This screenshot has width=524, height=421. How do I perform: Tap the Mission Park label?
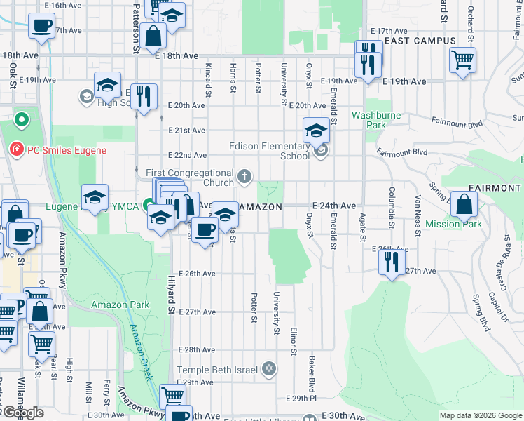point(463,224)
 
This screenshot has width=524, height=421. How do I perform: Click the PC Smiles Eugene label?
point(67,150)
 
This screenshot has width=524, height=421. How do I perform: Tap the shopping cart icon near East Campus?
point(462,60)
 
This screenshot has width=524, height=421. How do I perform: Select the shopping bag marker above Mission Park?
point(464,205)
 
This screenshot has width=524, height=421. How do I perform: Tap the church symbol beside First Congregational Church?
point(244,176)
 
